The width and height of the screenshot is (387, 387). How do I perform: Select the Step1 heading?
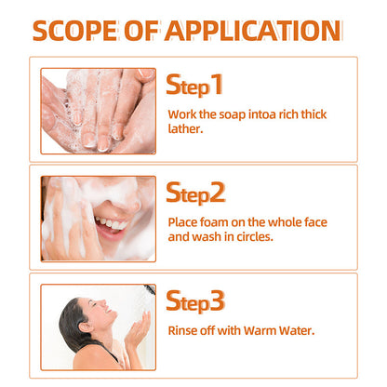pos(193,86)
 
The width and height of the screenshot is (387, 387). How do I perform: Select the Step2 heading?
pos(195,193)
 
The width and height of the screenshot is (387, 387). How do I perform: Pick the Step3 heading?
pos(195,300)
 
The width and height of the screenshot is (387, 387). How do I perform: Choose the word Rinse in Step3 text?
pos(183,329)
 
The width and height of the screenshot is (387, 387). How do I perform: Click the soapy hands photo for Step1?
pos(98,110)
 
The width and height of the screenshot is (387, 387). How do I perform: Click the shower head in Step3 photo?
pos(150,289)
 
